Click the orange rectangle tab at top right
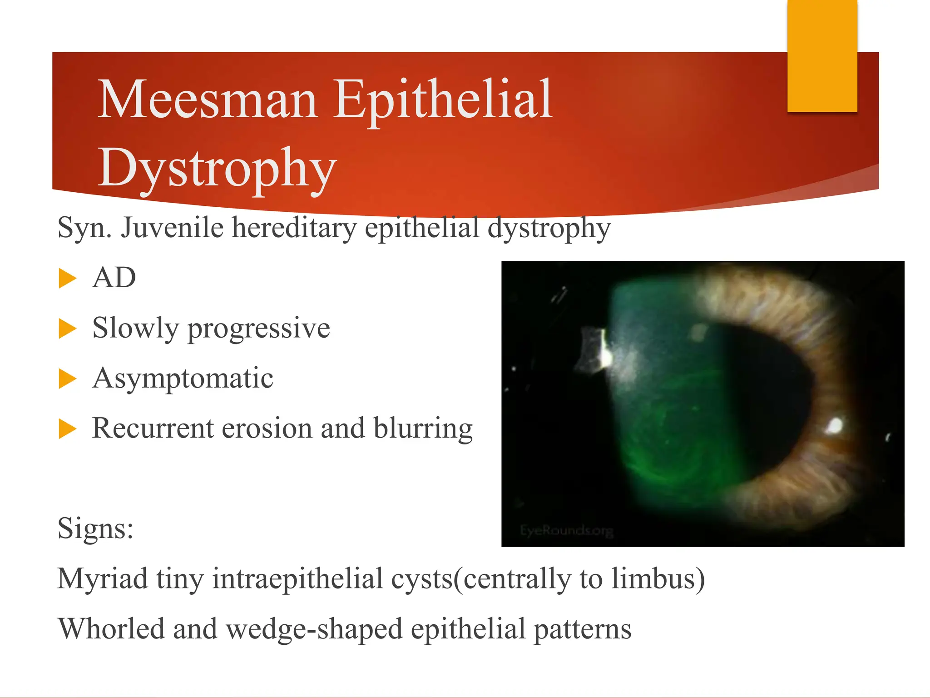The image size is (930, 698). pos(822,55)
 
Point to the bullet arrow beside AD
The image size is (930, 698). pos(67,278)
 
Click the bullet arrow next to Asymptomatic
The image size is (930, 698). pos(67,379)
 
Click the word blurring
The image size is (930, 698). pos(423,429)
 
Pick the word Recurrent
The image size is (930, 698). pos(153,428)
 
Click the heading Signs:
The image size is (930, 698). pos(95,528)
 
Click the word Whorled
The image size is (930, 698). pos(111,629)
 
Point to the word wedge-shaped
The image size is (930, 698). pos(314,630)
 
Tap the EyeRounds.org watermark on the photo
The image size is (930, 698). pos(566,530)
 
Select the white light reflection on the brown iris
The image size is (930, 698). pos(834,426)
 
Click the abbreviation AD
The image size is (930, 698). pos(114,278)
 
